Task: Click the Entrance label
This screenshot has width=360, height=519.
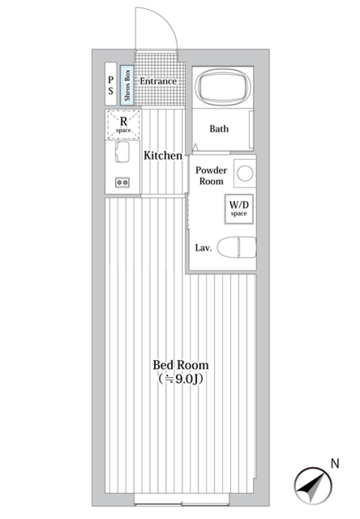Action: tap(158, 81)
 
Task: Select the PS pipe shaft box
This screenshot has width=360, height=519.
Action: tap(111, 84)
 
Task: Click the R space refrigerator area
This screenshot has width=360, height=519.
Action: tap(123, 124)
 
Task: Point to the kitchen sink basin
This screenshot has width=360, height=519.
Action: tap(122, 152)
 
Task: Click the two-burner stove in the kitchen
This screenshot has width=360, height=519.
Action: tap(122, 183)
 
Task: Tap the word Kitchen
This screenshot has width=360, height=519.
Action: tap(163, 156)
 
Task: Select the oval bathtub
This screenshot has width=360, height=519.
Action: tap(223, 88)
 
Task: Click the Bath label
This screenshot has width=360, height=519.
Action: tap(219, 129)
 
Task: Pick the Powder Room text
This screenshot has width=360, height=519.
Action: tap(211, 175)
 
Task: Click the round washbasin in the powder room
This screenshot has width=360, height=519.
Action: tap(245, 173)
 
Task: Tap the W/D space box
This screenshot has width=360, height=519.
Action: tap(239, 209)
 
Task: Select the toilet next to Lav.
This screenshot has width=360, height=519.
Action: tap(237, 247)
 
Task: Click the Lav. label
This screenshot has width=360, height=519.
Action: tap(203, 248)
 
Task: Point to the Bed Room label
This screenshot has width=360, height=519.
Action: tap(181, 365)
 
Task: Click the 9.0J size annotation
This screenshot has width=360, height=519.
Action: tap(180, 379)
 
